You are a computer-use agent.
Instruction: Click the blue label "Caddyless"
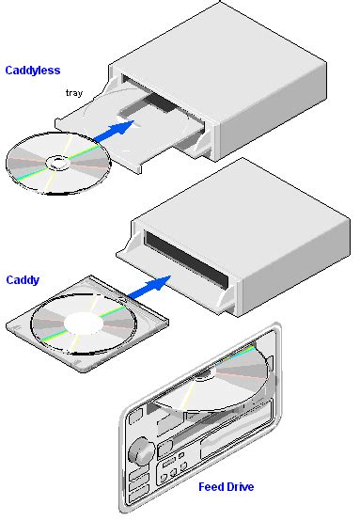pyautogui.click(x=33, y=70)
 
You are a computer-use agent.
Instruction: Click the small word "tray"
pyautogui.click(x=76, y=93)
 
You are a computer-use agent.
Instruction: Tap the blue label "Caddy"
pyautogui.click(x=23, y=279)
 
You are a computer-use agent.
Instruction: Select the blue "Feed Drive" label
pyautogui.click(x=226, y=486)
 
